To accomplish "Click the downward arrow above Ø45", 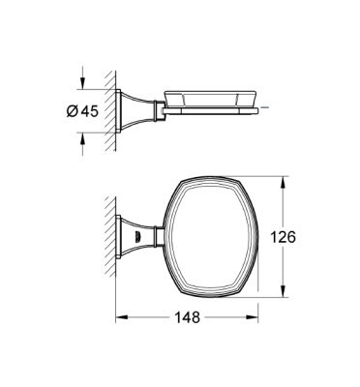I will (82, 78).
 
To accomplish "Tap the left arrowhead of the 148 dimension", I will (122, 316).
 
